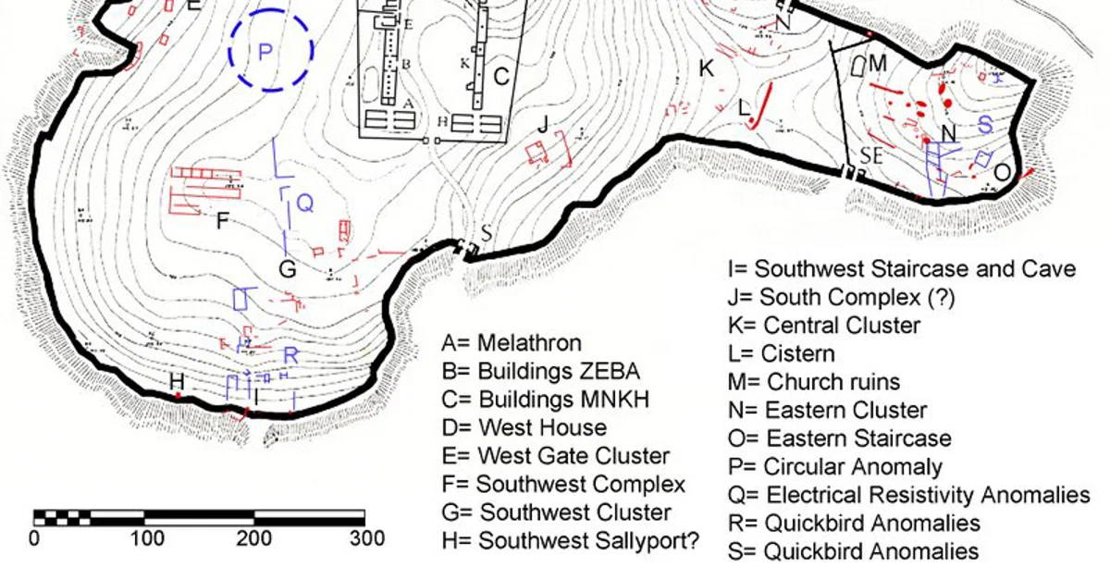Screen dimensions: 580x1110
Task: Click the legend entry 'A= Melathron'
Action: click(512, 343)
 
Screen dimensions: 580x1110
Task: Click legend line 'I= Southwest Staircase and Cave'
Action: click(902, 269)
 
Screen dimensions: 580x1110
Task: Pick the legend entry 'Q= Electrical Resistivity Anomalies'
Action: click(909, 495)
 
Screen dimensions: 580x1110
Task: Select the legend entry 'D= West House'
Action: click(524, 427)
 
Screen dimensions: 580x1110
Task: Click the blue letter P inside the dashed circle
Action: click(265, 53)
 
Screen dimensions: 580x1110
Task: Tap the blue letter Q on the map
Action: click(305, 204)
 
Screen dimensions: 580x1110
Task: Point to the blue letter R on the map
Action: click(290, 355)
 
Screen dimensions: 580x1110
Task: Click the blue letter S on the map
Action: click(985, 123)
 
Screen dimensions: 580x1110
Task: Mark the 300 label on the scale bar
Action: click(366, 538)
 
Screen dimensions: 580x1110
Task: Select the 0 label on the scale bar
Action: click(35, 538)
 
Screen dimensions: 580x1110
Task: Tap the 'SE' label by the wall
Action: click(871, 155)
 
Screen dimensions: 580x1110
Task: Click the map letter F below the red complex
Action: click(222, 221)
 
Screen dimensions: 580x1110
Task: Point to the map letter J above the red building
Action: click(543, 124)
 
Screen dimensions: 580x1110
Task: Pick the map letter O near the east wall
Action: click(1002, 173)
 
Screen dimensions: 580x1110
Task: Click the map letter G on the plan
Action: click(288, 269)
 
